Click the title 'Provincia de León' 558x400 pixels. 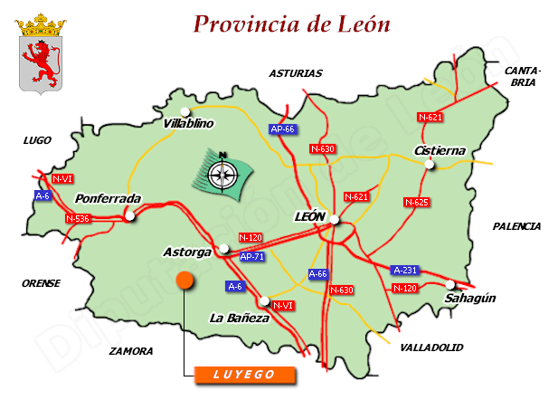click(x=292, y=24)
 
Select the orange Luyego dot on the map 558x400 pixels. click(x=184, y=281)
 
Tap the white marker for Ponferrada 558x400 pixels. click(x=130, y=216)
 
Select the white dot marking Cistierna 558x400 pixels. click(x=430, y=165)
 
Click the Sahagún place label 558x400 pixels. click(x=471, y=298)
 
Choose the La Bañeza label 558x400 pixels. click(x=239, y=318)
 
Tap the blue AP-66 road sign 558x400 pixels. click(x=283, y=129)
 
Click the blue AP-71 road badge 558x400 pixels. click(x=252, y=257)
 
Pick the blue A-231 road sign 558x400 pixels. click(x=404, y=270)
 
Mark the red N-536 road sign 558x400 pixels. click(x=78, y=218)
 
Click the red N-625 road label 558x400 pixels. click(x=415, y=202)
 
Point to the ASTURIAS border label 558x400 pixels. click(x=295, y=73)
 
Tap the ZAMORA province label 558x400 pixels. click(x=130, y=350)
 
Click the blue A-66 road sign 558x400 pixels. click(x=318, y=273)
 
